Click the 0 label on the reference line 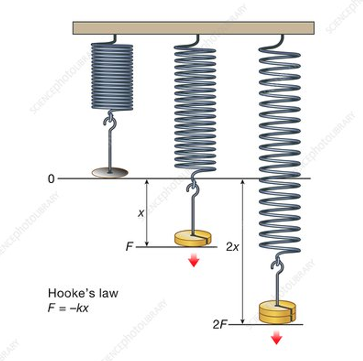pyautogui.click(x=51, y=179)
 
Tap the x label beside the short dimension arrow pyautogui.click(x=141, y=213)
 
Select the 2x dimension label pyautogui.click(x=232, y=247)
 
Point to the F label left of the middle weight pyautogui.click(x=129, y=247)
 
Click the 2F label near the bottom pyautogui.click(x=219, y=324)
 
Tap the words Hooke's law pyautogui.click(x=83, y=293)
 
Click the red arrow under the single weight pyautogui.click(x=194, y=260)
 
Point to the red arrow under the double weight pyautogui.click(x=276, y=338)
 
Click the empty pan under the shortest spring pyautogui.click(x=110, y=172)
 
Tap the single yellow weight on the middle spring pyautogui.click(x=193, y=238)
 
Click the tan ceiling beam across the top pyautogui.click(x=193, y=28)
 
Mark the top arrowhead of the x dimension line pyautogui.click(x=147, y=183)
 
